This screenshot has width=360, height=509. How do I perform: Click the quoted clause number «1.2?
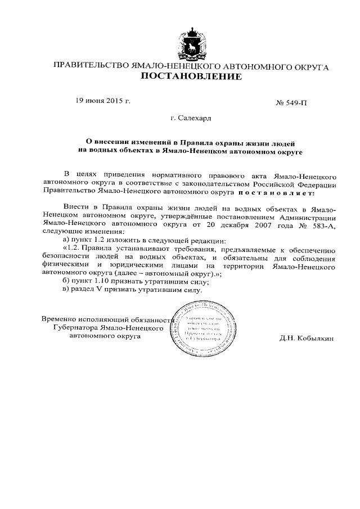[74, 247]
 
